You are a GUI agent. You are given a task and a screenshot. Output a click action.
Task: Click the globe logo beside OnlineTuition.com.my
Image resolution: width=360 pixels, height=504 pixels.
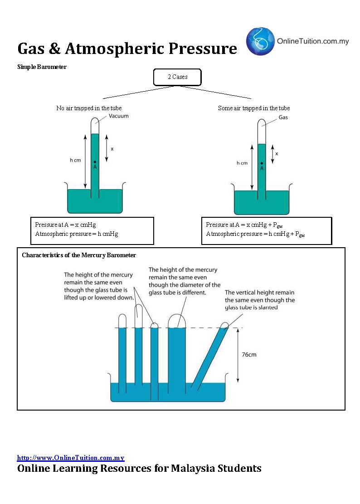[x=260, y=41]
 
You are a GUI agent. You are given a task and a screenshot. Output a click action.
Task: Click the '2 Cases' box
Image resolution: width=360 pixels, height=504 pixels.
[x=177, y=77]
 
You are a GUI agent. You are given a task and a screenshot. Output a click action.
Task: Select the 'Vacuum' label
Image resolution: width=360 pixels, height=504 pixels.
[x=119, y=116]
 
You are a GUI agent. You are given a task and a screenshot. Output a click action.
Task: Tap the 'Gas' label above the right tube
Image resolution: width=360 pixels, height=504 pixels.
[x=283, y=117]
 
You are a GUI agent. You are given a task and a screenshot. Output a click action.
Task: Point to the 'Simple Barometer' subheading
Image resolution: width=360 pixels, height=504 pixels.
[x=42, y=67]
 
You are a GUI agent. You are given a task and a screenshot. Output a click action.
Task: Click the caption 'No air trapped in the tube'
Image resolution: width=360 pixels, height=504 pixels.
[x=89, y=108]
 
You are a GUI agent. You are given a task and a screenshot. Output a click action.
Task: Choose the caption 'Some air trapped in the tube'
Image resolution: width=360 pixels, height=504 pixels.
[x=253, y=108]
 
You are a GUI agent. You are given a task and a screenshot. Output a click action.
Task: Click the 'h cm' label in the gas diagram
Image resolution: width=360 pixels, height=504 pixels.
[x=242, y=163]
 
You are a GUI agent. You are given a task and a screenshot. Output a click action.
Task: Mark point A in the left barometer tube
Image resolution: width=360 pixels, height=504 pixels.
[x=95, y=162]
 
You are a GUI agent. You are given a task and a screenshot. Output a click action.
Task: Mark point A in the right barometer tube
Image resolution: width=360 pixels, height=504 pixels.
[x=262, y=163]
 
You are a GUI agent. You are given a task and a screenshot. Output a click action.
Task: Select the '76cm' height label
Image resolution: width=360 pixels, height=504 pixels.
[x=249, y=354]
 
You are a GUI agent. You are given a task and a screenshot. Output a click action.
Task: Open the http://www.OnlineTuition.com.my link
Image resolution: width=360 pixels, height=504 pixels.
[x=71, y=458]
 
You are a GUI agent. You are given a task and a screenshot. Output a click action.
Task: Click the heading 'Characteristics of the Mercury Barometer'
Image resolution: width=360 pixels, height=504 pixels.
[x=79, y=255]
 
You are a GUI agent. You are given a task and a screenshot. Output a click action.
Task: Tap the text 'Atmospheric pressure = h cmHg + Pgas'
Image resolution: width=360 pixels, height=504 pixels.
[x=255, y=234]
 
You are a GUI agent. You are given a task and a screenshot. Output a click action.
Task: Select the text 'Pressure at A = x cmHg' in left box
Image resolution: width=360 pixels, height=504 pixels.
[x=65, y=225]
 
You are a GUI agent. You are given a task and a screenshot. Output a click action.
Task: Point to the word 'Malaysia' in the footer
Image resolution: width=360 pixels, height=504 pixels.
[x=191, y=468]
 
